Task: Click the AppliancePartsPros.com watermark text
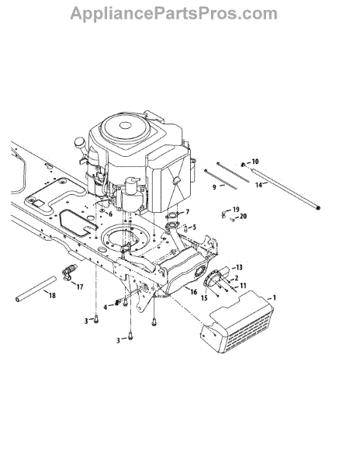(174, 14)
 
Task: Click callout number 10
(255, 162)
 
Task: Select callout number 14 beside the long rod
(258, 185)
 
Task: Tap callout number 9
(214, 187)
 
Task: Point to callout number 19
(236, 210)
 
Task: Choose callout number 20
(243, 216)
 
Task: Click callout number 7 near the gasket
(187, 212)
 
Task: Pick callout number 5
(194, 228)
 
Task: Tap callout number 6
(110, 214)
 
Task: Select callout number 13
(239, 267)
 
